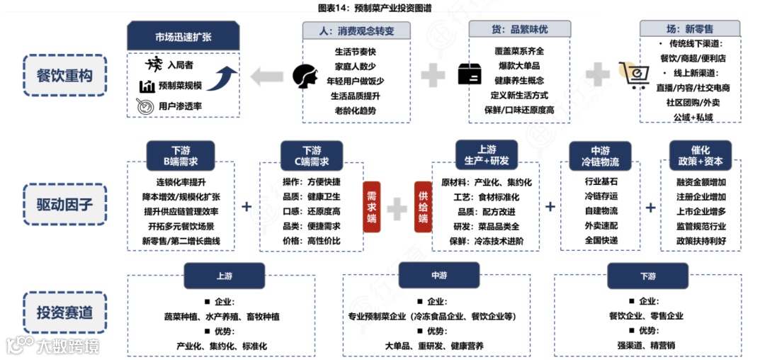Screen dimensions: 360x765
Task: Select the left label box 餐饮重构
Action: [64, 74]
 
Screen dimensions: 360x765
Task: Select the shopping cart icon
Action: [632, 74]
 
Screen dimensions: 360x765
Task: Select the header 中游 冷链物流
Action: [600, 156]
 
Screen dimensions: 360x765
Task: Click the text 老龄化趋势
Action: [356, 111]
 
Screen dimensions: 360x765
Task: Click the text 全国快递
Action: [601, 240]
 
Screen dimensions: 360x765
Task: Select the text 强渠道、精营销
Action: [647, 345]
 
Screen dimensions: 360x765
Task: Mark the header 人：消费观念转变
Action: [356, 31]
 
